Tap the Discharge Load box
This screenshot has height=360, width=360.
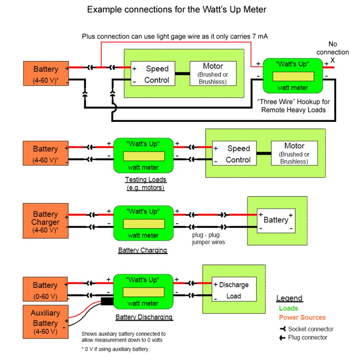click(234, 290)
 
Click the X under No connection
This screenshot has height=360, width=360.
click(332, 60)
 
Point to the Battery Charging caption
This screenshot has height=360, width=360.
click(142, 250)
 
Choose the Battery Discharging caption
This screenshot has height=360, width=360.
click(144, 317)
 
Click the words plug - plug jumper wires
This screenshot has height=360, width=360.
click(208, 239)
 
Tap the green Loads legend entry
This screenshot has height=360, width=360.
click(288, 308)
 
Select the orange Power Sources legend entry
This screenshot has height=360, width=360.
click(302, 318)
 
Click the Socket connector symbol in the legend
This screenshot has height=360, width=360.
click(283, 329)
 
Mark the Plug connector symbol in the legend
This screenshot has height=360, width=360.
click(283, 338)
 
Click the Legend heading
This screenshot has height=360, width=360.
click(289, 298)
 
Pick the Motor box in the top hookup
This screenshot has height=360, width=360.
click(213, 73)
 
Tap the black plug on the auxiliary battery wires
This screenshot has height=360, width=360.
click(107, 302)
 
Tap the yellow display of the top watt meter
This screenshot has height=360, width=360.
click(293, 77)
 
